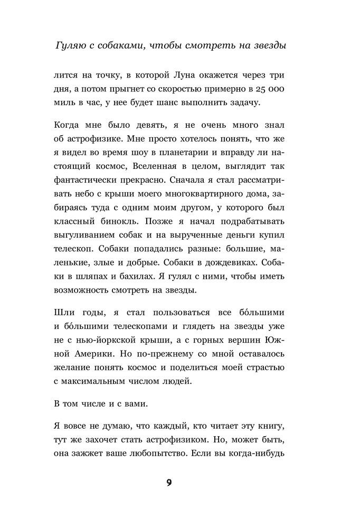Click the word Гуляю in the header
pyautogui.click(x=71, y=46)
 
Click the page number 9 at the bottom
pyautogui.click(x=169, y=483)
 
